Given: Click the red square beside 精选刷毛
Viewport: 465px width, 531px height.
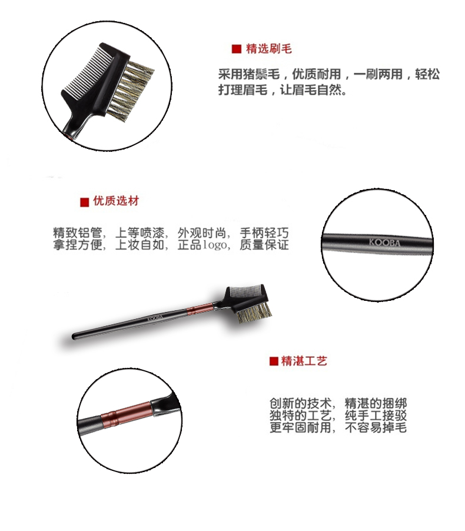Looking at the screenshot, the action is (237, 49).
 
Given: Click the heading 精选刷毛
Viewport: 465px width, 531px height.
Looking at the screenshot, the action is (269, 49).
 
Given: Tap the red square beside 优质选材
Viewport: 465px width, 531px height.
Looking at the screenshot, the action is (84, 202).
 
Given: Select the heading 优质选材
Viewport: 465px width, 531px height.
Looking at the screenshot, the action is (116, 201).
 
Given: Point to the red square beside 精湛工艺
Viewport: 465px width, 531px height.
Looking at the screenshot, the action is (274, 361).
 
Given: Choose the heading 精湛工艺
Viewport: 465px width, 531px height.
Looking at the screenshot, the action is (304, 361).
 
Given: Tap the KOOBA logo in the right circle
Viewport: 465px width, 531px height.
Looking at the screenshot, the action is (384, 243).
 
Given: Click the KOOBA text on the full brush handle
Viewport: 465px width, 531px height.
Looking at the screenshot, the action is (155, 318).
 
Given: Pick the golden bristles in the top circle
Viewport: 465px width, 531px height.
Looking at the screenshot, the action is (132, 89).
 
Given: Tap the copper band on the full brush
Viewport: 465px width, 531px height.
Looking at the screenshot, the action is (199, 309).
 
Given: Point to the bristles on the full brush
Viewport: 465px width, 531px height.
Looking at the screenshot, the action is (255, 312).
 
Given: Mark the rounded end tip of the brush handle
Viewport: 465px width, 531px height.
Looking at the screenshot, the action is (74, 337).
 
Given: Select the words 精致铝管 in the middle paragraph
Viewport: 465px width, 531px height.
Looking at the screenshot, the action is (78, 233).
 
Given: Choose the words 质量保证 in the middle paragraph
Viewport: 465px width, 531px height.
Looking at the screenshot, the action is (264, 245).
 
